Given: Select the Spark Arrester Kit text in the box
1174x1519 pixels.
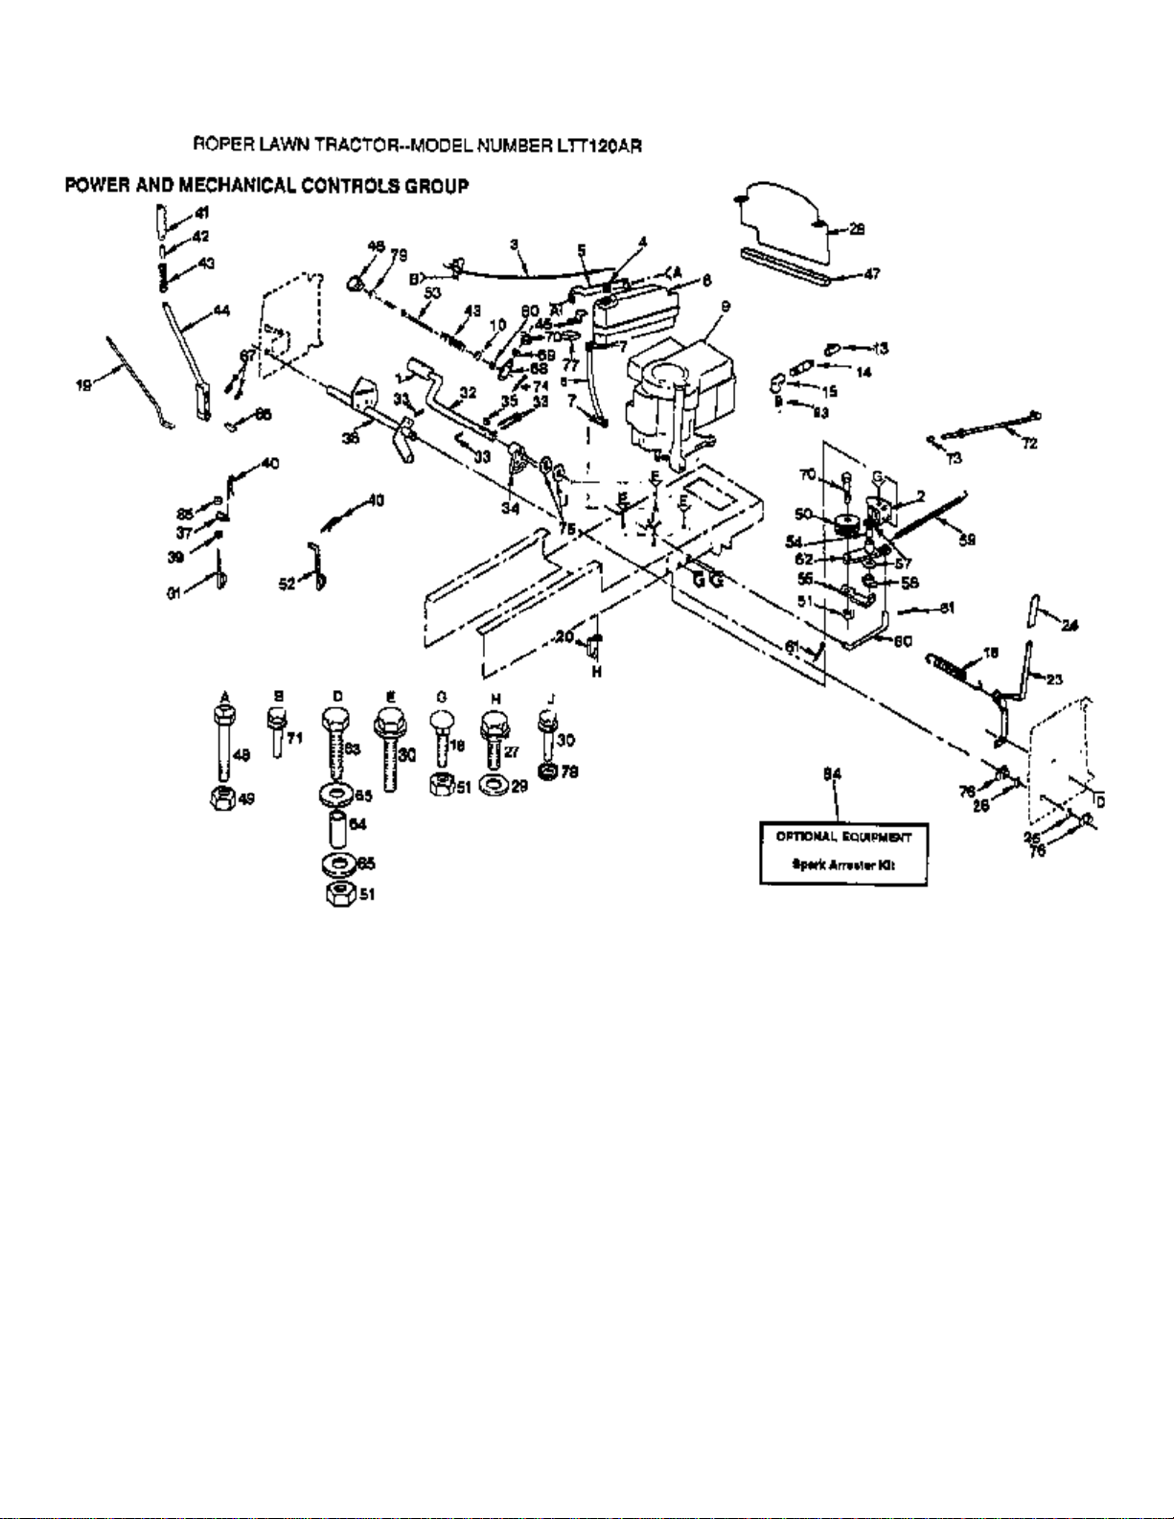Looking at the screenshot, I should click(843, 864).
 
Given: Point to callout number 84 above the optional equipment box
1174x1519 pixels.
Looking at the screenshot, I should click(833, 774).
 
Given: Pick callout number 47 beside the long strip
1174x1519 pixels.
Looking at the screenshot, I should click(871, 274).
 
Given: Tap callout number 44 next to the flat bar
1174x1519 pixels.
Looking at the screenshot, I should click(221, 311).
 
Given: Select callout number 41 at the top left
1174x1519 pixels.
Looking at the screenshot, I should click(202, 214).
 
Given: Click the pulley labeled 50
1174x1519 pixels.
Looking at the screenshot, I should click(846, 524).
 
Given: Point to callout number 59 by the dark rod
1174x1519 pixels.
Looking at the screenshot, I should click(967, 541).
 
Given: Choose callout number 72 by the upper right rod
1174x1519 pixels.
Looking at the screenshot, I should click(1029, 444).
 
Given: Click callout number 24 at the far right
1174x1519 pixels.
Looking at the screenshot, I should click(1070, 626).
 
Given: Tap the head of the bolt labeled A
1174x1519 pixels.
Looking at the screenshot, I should click(224, 717).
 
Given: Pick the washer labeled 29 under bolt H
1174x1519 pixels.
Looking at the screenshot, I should click(495, 786).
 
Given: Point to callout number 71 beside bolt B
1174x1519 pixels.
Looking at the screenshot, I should click(295, 738).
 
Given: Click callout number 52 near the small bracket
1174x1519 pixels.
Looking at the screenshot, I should click(287, 584).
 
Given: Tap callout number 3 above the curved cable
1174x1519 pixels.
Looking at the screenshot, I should click(514, 245).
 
